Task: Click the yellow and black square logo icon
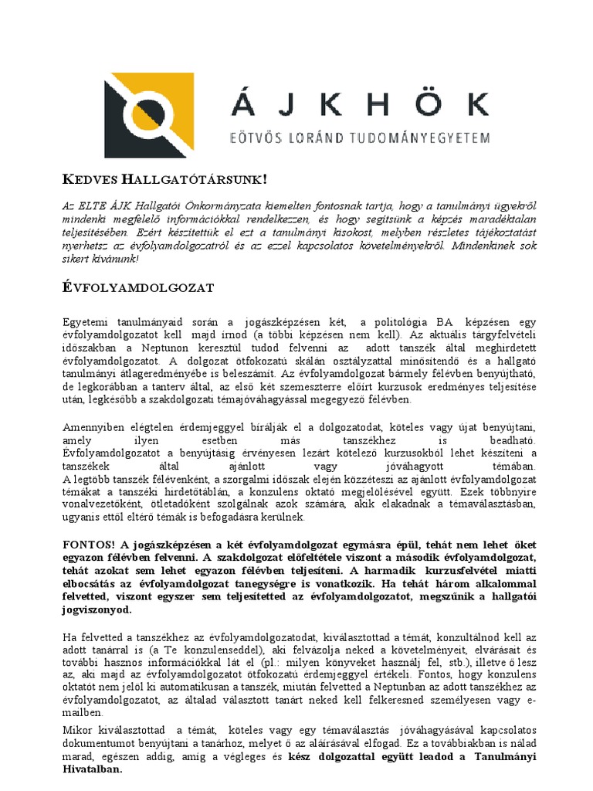coord(149,115)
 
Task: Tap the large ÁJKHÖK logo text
coord(359,104)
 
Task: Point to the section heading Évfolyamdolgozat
coord(137,287)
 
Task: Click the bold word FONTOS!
coord(87,545)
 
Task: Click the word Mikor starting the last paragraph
coord(78,730)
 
